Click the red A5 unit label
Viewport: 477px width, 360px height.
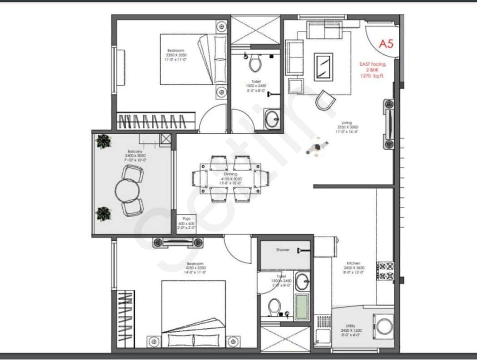[386, 44]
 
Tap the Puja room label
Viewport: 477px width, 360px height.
[186, 220]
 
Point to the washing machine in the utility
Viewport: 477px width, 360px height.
[382, 327]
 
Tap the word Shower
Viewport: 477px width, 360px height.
[283, 250]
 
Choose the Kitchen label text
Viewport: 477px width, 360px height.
[353, 263]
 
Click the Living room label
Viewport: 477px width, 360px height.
[346, 123]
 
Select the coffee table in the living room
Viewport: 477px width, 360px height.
[323, 67]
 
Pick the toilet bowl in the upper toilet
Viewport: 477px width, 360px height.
[255, 64]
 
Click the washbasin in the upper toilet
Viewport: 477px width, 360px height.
[271, 118]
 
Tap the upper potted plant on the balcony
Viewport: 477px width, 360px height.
[104, 141]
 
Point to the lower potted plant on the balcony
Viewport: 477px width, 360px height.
[103, 214]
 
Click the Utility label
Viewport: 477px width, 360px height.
[348, 326]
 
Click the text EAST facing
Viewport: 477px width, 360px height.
[372, 64]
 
